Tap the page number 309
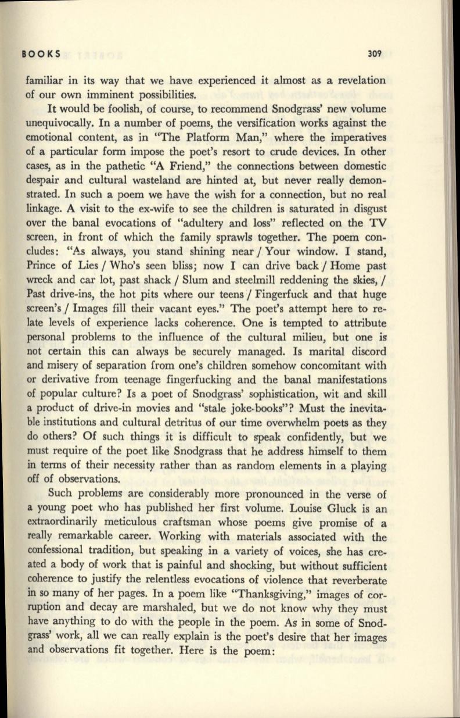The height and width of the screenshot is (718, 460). click(378, 54)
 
